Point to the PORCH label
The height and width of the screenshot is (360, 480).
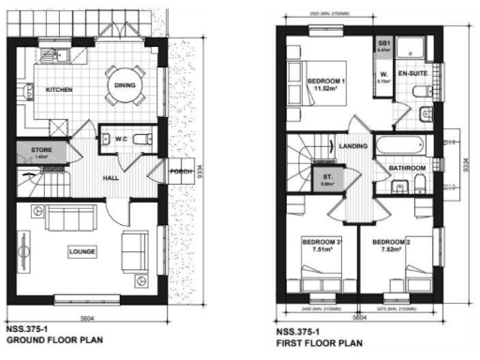click(180, 172)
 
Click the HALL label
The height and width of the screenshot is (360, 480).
click(112, 175)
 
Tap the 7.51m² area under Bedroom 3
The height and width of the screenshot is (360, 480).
click(314, 250)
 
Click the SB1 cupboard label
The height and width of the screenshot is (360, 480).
click(383, 43)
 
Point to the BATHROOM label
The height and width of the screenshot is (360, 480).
click(408, 169)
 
